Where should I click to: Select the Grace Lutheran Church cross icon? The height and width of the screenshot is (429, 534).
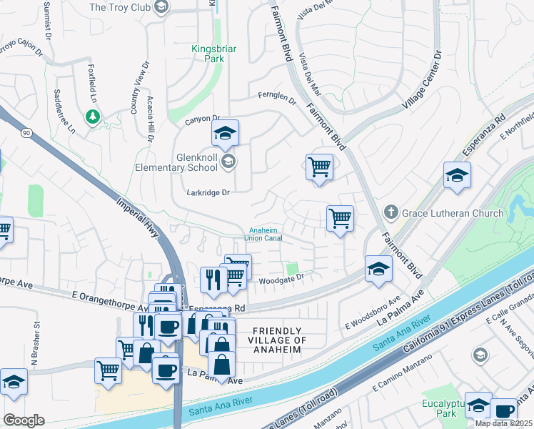(x=390, y=212)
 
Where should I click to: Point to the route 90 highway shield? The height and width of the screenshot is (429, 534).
(x=26, y=133)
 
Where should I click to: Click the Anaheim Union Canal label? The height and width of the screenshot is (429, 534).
(x=265, y=234)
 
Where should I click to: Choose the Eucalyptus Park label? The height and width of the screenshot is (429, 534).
(x=438, y=408)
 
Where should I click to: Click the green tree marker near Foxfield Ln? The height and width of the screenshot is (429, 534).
(x=91, y=115)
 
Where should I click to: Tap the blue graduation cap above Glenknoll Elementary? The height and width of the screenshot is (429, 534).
(x=225, y=133)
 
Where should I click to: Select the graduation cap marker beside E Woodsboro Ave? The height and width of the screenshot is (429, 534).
(x=378, y=269)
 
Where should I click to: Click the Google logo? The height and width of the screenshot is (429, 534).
(x=24, y=420)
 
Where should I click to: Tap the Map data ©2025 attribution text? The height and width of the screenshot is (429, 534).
(x=503, y=423)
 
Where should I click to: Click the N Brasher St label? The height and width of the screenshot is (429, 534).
(x=37, y=337)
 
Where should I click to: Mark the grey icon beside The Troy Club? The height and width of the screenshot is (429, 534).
(x=161, y=7)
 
